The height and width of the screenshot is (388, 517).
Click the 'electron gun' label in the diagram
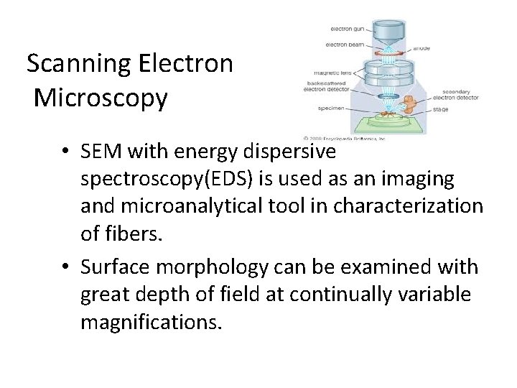pos(346,29)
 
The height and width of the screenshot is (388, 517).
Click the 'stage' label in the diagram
pos(441,110)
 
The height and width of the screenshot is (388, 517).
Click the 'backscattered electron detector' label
pos(329,86)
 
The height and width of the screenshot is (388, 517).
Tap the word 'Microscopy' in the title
pos(101,98)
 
